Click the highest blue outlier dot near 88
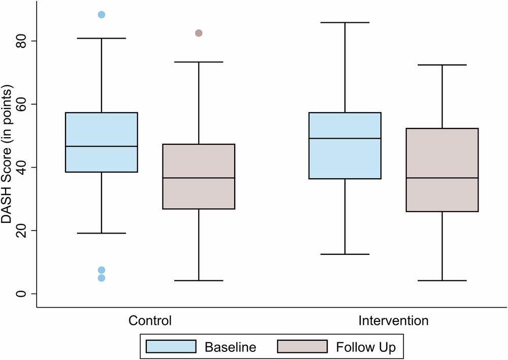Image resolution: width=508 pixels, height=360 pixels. pyautogui.click(x=102, y=15)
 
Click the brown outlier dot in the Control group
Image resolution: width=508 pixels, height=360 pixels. pyautogui.click(x=199, y=33)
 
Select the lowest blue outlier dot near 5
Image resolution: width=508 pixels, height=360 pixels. pyautogui.click(x=102, y=278)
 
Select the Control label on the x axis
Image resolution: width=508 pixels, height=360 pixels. pyautogui.click(x=150, y=321)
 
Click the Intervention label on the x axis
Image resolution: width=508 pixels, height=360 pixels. pyautogui.click(x=393, y=321)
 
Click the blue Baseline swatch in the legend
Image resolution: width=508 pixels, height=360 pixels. pyautogui.click(x=171, y=347)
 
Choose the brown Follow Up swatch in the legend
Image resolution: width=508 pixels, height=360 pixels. pyautogui.click(x=302, y=347)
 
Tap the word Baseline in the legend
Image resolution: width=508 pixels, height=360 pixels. pyautogui.click(x=230, y=347)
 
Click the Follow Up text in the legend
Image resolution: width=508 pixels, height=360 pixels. pyautogui.click(x=365, y=347)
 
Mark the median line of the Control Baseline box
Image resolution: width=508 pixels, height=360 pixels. pyautogui.click(x=102, y=146)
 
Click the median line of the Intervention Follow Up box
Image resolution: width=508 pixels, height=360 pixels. pyautogui.click(x=442, y=178)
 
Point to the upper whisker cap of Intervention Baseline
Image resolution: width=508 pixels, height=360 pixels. pyautogui.click(x=345, y=22)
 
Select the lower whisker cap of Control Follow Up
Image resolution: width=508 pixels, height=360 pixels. pyautogui.click(x=199, y=280)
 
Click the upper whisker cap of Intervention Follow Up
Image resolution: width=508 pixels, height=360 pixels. pyautogui.click(x=442, y=65)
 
